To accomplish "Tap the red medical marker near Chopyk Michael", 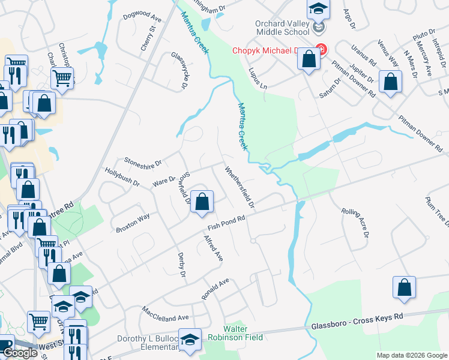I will tap(321, 50).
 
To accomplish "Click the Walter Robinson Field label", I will tap(243, 334).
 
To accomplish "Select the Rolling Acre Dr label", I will tap(355, 221).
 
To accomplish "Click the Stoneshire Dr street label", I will tap(143, 161).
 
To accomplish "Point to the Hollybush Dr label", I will tap(122, 175).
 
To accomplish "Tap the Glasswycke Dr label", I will tap(179, 71).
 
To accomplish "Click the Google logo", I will tap(20, 353).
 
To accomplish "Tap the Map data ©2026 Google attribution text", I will tap(411, 355).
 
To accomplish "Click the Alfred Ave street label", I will tap(213, 248).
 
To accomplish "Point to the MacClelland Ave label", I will tap(165, 314).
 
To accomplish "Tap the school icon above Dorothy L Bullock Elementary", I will tap(190, 340).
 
